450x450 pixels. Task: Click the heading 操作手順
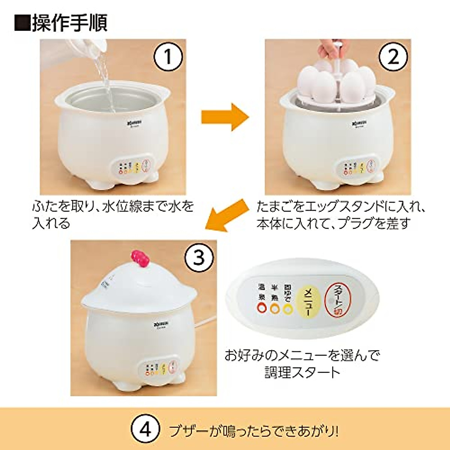[x=61, y=22]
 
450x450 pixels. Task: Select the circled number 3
[x=198, y=258]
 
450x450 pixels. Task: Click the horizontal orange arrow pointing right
[x=225, y=117]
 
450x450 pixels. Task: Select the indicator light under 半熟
[x=274, y=308]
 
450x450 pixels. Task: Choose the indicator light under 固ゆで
[x=288, y=308]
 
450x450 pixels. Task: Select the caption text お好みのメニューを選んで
[x=302, y=355]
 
